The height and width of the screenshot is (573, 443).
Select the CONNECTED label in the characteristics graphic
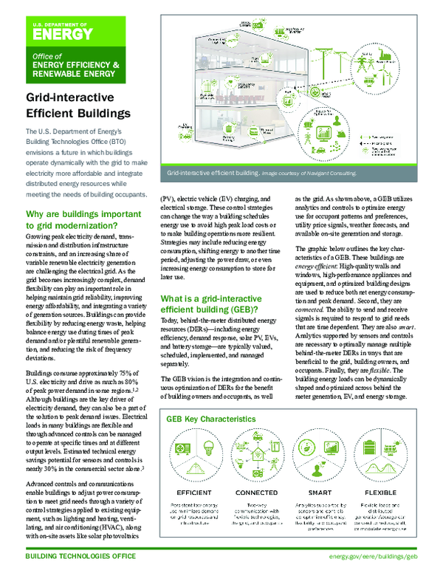(x=256, y=492)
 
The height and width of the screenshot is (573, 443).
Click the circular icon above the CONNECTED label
(x=256, y=457)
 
